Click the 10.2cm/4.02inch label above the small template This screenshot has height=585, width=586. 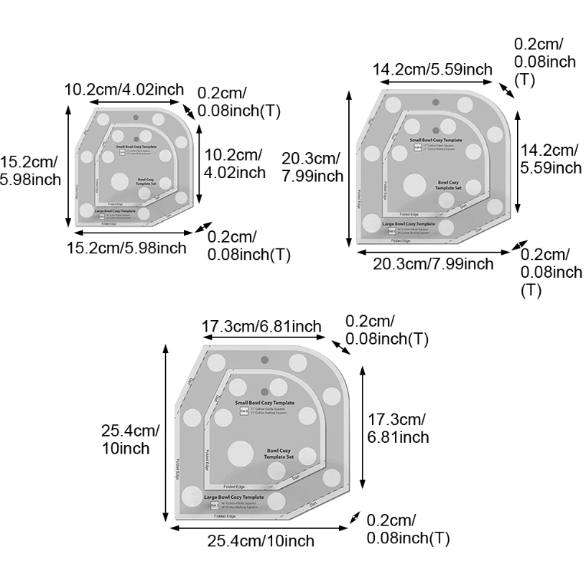pyautogui.click(x=125, y=90)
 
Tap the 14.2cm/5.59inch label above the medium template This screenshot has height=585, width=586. pyautogui.click(x=432, y=70)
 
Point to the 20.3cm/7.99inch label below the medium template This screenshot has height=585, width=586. pyautogui.click(x=433, y=263)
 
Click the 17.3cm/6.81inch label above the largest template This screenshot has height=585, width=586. pyautogui.click(x=261, y=327)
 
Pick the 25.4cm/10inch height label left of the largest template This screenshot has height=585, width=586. pyautogui.click(x=129, y=439)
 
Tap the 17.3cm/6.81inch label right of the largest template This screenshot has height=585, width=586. pyautogui.click(x=399, y=428)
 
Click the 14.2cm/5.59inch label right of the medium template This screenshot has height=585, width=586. pyautogui.click(x=551, y=159)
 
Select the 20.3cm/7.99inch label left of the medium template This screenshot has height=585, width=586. pyautogui.click(x=311, y=167)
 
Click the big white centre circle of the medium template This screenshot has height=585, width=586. pyautogui.click(x=414, y=185)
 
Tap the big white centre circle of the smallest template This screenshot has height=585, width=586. pyautogui.click(x=122, y=181)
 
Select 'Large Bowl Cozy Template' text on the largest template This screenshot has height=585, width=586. pyautogui.click(x=233, y=497)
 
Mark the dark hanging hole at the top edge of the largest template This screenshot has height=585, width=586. pyautogui.click(x=265, y=359)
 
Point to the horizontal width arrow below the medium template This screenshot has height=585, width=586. pyautogui.click(x=433, y=251)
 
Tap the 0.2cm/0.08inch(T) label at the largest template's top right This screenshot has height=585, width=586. pyautogui.click(x=387, y=329)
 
